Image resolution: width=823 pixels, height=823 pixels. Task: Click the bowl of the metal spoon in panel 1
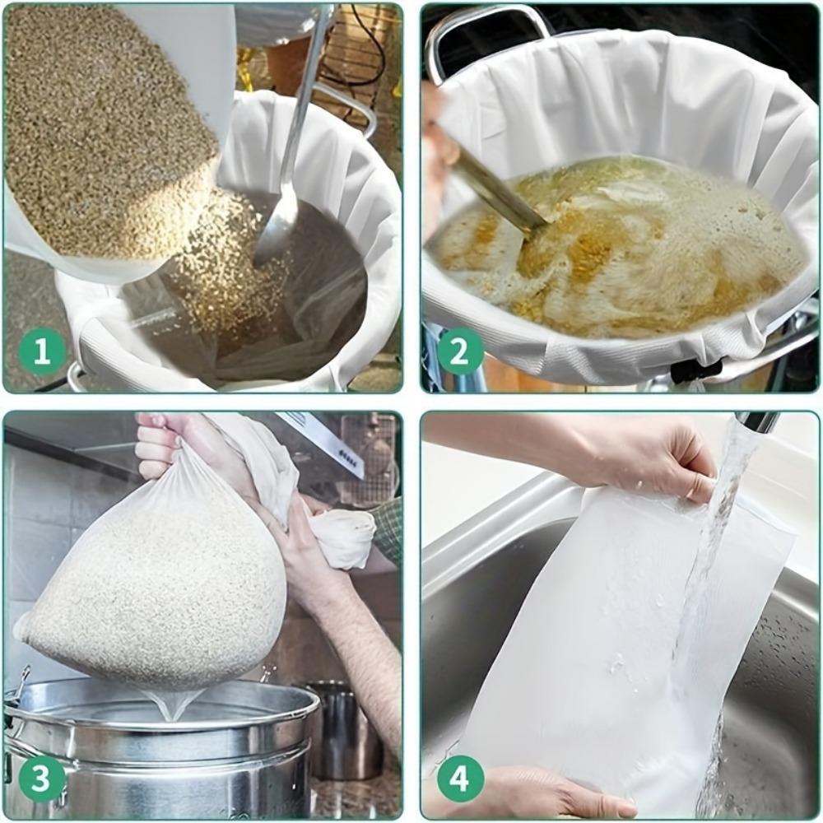276,235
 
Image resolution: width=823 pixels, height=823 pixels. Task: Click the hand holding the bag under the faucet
650,461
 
